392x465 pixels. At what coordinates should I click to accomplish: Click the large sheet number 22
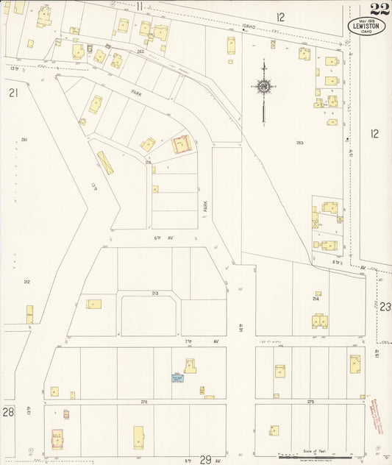[x=379, y=9]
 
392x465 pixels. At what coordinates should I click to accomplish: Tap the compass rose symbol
[x=263, y=88]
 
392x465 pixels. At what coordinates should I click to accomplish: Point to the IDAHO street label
[x=249, y=26]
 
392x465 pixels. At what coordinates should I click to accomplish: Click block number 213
[x=154, y=293]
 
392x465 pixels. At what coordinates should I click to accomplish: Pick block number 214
[x=316, y=299]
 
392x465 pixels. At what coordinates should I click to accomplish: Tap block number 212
[x=26, y=282]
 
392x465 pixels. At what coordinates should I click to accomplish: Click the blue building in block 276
[x=177, y=378]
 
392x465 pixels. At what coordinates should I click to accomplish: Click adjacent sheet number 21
[x=13, y=93]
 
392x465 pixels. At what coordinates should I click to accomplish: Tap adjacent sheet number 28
[x=8, y=413]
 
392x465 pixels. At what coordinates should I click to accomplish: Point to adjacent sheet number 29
[x=205, y=459]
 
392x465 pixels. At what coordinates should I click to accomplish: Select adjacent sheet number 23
[x=385, y=307]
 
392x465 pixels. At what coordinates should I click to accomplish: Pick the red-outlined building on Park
[x=181, y=144]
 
